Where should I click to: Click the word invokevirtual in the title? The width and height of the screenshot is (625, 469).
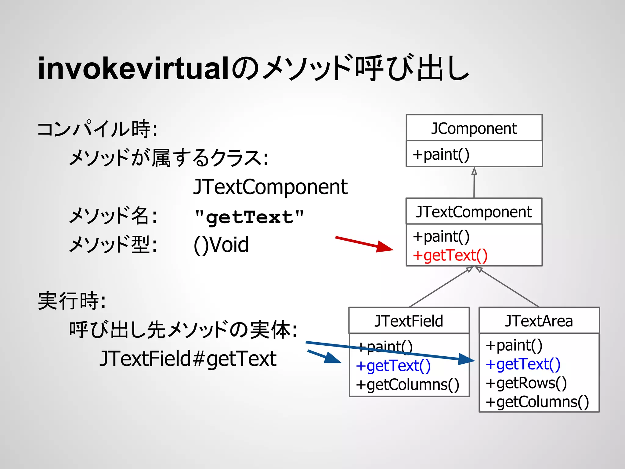click(x=133, y=69)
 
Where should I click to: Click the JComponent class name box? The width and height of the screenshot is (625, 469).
click(x=474, y=128)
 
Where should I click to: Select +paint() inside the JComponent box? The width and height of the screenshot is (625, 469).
click(x=441, y=154)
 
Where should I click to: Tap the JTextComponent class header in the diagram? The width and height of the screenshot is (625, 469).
click(x=474, y=212)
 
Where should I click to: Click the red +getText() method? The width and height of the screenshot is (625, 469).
click(x=450, y=255)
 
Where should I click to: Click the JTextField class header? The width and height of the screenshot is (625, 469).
click(x=409, y=321)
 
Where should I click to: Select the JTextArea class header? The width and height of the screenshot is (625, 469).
click(x=539, y=321)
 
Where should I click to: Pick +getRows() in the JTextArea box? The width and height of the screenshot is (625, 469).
click(x=526, y=383)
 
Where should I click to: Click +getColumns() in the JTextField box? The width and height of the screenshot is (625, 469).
click(x=407, y=384)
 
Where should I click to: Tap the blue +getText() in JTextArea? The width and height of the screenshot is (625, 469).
click(x=523, y=364)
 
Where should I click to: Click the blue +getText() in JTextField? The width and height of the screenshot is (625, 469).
click(x=393, y=365)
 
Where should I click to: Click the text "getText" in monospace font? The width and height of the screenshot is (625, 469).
click(x=249, y=217)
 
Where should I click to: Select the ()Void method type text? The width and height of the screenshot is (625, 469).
click(x=221, y=245)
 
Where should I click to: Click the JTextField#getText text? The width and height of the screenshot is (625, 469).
click(x=188, y=358)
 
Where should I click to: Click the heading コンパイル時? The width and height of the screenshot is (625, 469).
click(x=97, y=129)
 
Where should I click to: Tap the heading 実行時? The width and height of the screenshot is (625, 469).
click(x=72, y=301)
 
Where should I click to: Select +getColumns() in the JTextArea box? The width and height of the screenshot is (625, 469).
click(x=537, y=402)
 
